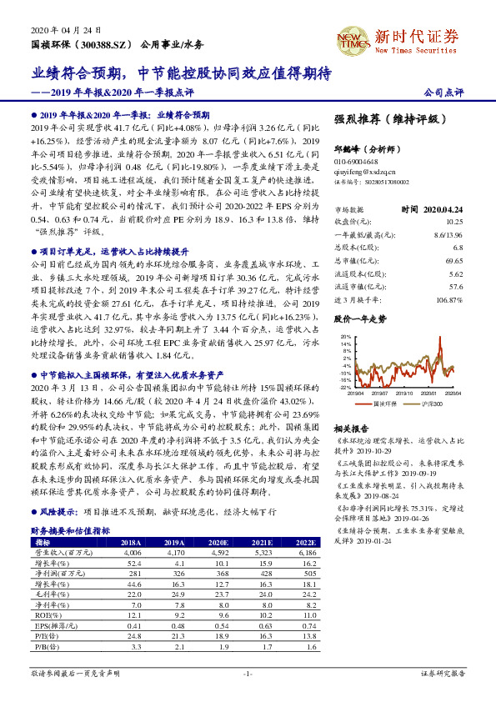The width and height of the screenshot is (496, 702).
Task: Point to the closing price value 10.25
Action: [x=453, y=223]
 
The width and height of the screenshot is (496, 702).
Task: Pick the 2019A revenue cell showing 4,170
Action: [x=177, y=552]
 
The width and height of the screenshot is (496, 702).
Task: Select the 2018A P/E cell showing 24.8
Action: [x=132, y=634]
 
